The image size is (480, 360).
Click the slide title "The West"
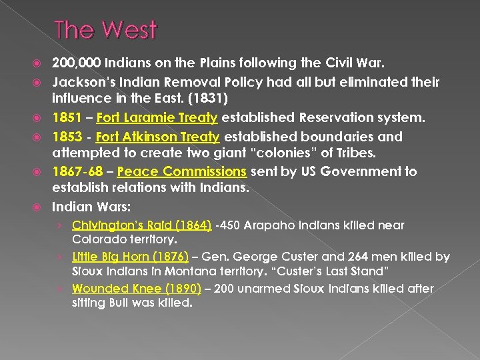[105, 30]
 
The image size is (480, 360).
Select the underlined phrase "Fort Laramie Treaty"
[157, 117]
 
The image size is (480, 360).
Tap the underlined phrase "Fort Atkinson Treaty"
[157, 137]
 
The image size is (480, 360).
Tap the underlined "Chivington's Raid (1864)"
[142, 226]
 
